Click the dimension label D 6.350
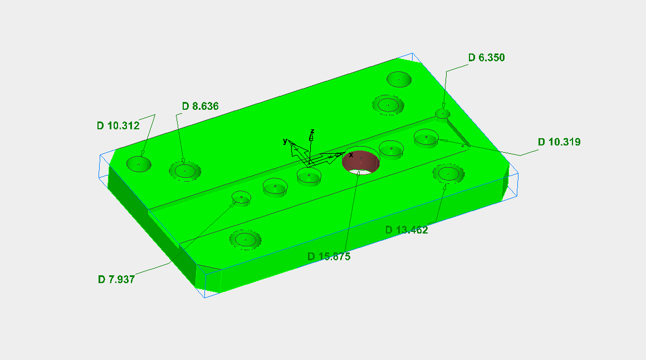(486, 57)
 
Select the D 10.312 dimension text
(118, 126)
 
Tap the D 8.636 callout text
(200, 106)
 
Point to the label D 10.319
(559, 142)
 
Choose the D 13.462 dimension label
(407, 230)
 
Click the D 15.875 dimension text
(329, 256)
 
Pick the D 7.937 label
(116, 279)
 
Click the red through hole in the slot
(360, 162)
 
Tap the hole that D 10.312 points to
(139, 164)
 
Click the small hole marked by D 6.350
(442, 114)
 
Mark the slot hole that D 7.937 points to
(241, 198)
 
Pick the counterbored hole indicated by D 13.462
(448, 174)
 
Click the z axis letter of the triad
(312, 132)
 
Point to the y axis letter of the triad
(285, 142)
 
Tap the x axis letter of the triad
(351, 154)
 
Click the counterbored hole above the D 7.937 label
(245, 240)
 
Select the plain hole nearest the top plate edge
(399, 79)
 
